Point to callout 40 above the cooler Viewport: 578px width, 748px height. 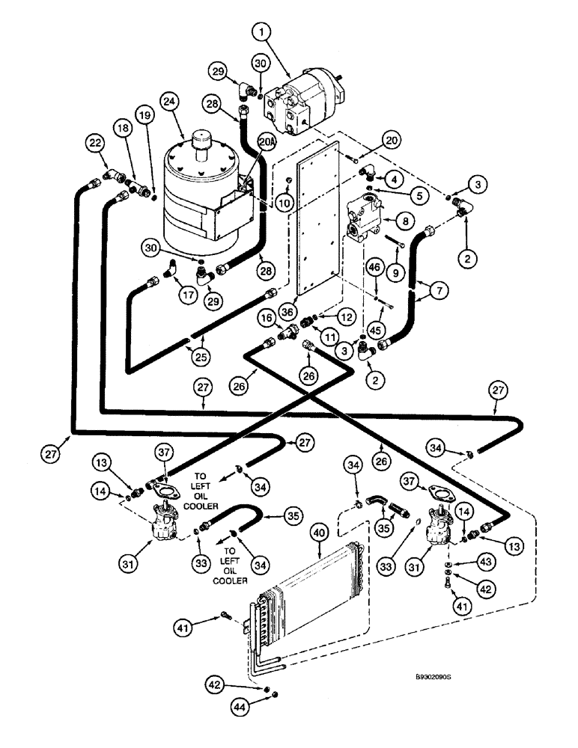coord(320,536)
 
